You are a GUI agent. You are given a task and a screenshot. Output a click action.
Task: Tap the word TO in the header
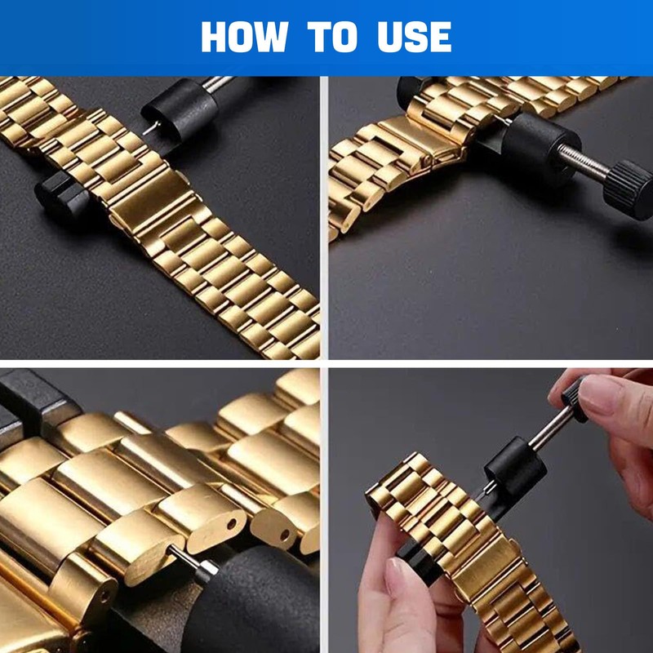click(x=332, y=38)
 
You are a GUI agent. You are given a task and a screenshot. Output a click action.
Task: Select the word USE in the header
click(x=414, y=38)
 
